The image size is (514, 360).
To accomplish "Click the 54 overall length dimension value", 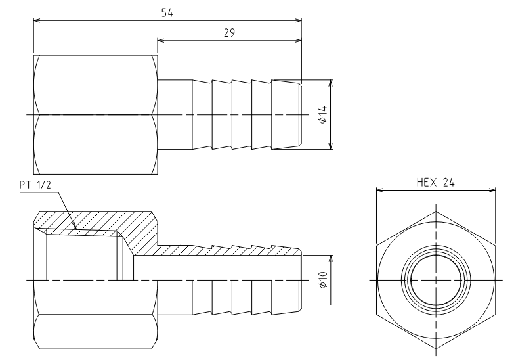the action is (x=167, y=12).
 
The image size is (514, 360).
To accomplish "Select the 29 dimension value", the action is (x=229, y=33).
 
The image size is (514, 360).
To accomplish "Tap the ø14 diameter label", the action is (x=323, y=114).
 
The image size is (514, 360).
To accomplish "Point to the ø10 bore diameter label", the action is (x=323, y=280).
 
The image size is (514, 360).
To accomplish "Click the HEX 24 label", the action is (x=436, y=183).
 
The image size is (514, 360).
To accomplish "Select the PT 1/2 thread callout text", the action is (x=35, y=185).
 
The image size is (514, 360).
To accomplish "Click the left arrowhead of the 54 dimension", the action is (x=37, y=20).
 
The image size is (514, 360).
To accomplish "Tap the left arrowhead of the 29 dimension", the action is (x=161, y=40).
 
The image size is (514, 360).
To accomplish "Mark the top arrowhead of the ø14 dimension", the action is (x=331, y=83).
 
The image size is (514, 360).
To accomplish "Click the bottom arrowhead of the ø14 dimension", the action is (x=331, y=146).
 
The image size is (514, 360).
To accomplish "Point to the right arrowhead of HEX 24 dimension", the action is (x=492, y=190).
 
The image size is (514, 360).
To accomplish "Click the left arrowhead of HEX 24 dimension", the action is (x=380, y=190).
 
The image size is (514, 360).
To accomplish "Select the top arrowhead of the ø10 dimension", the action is (x=331, y=259).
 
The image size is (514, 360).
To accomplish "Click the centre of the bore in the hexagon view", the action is (x=436, y=280).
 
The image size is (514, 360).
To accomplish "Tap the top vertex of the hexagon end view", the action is (x=436, y=212).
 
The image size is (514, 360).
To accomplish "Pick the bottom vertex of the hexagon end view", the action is (x=436, y=349).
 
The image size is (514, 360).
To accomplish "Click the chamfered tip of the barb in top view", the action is (x=300, y=114).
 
